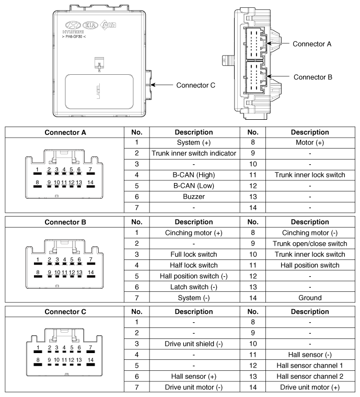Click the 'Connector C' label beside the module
[x=195, y=85]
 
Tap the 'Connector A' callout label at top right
[x=312, y=44]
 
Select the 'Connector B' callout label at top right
[x=313, y=77]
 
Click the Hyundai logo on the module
[x=73, y=25]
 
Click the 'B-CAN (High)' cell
[x=194, y=174]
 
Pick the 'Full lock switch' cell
[x=194, y=254]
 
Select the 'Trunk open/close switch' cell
[x=310, y=244]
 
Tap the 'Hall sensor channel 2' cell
[x=310, y=376]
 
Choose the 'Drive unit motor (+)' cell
[x=310, y=387]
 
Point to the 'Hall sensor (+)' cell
[x=194, y=376]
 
